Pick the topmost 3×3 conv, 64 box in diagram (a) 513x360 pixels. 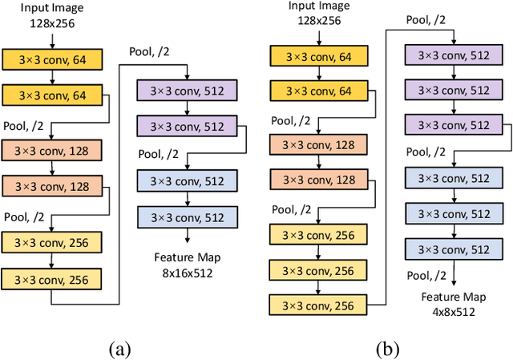(x=52, y=59)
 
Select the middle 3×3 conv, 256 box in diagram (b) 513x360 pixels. (x=319, y=270)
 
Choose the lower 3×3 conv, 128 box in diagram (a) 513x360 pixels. (x=52, y=186)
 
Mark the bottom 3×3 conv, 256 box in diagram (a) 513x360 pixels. (x=52, y=278)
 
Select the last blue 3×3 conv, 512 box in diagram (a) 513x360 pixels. (x=187, y=216)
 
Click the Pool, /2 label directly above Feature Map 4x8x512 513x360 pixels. (x=427, y=275)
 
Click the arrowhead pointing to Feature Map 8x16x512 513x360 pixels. (x=187, y=240)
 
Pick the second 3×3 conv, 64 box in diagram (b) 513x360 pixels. (x=319, y=91)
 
